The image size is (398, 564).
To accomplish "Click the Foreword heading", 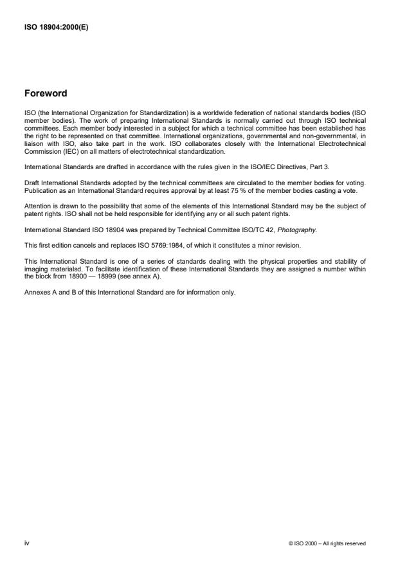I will click(x=46, y=93).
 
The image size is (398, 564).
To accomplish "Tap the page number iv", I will click(x=26, y=543).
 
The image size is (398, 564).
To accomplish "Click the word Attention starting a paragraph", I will click(x=35, y=206).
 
